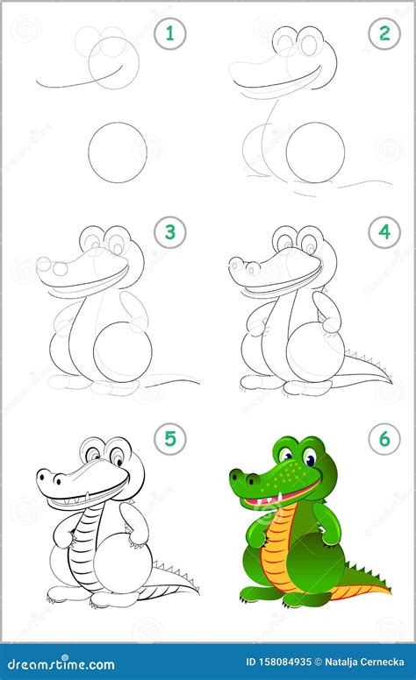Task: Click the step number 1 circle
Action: click(x=170, y=35)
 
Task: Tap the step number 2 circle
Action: click(x=384, y=35)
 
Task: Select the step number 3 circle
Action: click(x=170, y=234)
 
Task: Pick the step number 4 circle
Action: click(x=384, y=234)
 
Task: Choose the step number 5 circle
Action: click(x=170, y=439)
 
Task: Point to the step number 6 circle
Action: click(x=384, y=439)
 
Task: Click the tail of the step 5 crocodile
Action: click(x=176, y=580)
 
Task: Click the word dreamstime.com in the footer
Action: click(x=59, y=665)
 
